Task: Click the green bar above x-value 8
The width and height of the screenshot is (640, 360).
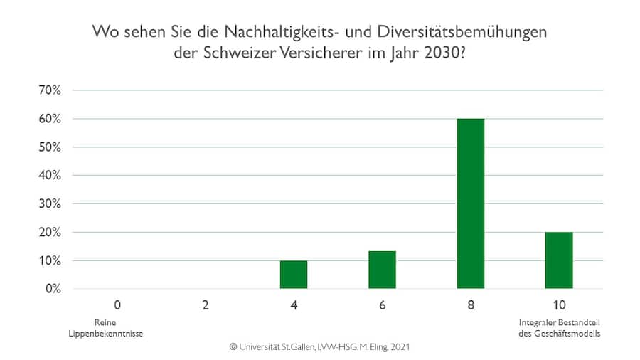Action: (x=470, y=203)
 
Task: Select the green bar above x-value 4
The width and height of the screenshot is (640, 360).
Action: (x=294, y=275)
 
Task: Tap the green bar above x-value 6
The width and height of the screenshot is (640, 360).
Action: (x=382, y=270)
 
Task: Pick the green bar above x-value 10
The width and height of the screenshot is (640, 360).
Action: (x=558, y=260)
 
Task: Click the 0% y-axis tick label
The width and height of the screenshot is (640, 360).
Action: (x=57, y=289)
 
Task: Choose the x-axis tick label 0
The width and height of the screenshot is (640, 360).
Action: (x=117, y=306)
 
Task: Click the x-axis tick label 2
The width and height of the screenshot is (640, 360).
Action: (x=206, y=306)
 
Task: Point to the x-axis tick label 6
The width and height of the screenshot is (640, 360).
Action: (x=382, y=306)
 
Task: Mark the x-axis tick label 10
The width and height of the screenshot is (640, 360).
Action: (x=558, y=306)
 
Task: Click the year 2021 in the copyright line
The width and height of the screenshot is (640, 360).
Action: (x=399, y=347)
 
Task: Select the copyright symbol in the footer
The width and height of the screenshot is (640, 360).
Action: (x=232, y=347)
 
